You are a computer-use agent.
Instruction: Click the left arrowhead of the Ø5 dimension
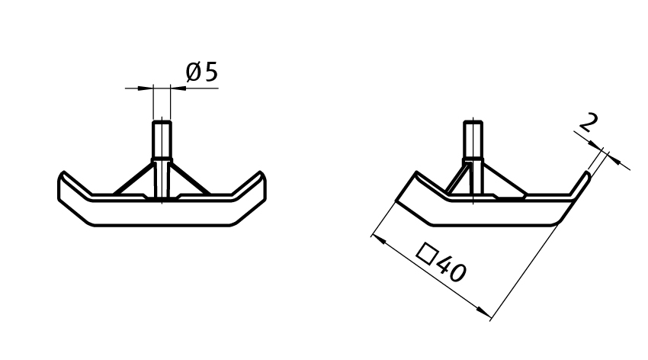pyautogui.click(x=146, y=88)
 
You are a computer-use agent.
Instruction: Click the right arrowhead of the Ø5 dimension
pyautogui.click(x=177, y=88)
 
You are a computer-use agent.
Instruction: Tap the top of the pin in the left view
pyautogui.click(x=162, y=122)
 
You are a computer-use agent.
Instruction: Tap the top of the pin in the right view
pyautogui.click(x=473, y=124)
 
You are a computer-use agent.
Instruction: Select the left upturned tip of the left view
pyautogui.click(x=65, y=177)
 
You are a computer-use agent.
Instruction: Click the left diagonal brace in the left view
pyautogui.click(x=133, y=178)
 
